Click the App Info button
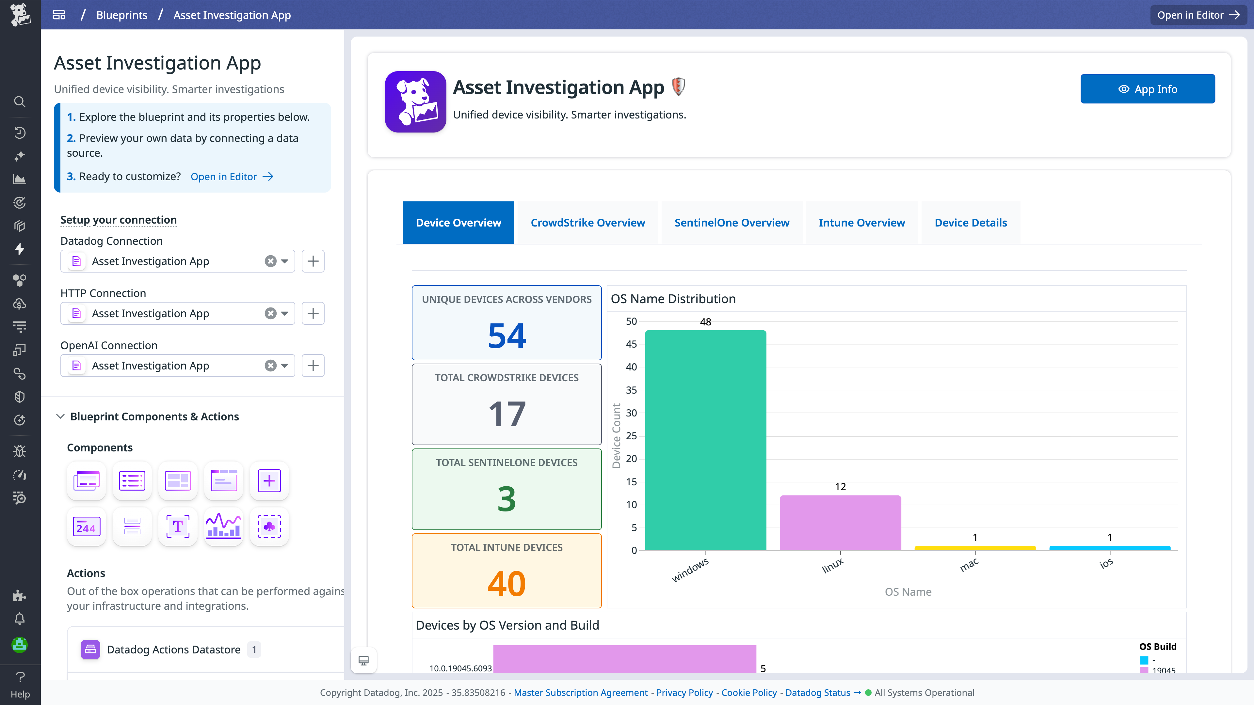pos(1148,89)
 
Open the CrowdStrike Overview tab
pos(587,223)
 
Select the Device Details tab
pos(970,223)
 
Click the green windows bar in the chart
pos(705,440)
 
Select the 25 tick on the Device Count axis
pos(631,436)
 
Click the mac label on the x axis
pos(969,565)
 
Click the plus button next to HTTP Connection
pos(313,313)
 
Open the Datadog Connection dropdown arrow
pos(285,261)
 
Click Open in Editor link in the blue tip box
pos(232,177)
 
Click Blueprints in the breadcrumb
pos(122,15)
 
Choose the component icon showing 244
pos(86,527)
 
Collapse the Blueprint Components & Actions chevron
pos(60,416)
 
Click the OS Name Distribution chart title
pos(673,299)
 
